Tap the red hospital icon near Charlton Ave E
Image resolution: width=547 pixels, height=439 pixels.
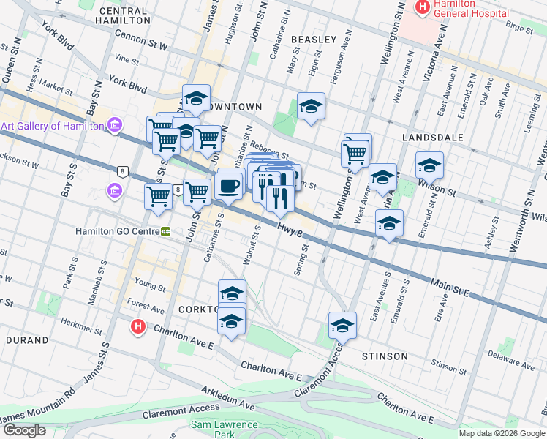(x=137, y=327)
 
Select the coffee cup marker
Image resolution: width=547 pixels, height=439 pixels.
(x=230, y=184)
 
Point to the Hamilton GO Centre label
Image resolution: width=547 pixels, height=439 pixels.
(x=117, y=231)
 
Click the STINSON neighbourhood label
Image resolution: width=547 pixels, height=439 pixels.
(x=385, y=356)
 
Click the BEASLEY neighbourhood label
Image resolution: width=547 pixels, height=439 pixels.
(x=314, y=39)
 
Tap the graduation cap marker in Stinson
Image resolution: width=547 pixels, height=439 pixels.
(x=342, y=326)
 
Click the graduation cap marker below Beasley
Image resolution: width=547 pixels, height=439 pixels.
(x=311, y=107)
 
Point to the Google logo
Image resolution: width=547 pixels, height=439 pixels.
(x=23, y=430)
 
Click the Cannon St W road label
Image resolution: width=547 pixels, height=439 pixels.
(x=141, y=41)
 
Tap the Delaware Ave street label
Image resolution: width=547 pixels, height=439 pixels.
(x=500, y=359)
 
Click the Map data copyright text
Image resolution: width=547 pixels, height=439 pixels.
(x=502, y=433)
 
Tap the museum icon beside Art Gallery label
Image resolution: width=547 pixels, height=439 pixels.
(x=115, y=126)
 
